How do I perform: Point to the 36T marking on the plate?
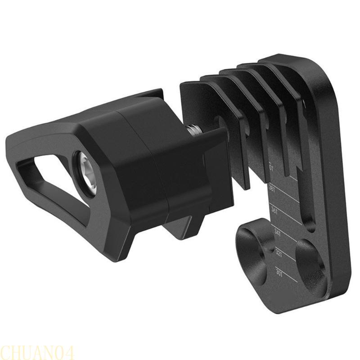274,211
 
